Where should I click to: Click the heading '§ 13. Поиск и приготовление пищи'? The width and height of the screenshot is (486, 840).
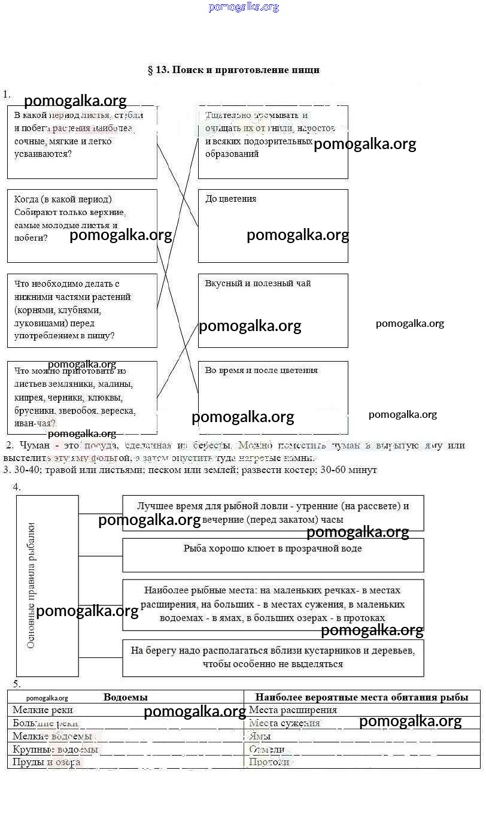pos(233,70)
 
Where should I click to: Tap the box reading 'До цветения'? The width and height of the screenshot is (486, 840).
pos(273,226)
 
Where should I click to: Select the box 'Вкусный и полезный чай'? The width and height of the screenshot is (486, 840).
pos(273,310)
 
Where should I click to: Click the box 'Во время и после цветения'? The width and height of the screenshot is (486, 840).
pos(273,397)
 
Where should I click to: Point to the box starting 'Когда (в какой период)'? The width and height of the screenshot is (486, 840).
pos(82,226)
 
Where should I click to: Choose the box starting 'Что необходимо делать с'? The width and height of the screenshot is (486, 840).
pos(82,310)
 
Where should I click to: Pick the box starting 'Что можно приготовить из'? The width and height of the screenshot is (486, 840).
pos(82,397)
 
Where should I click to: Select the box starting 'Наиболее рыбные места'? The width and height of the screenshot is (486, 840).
pos(273,604)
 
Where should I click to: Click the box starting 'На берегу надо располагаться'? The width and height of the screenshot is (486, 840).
pos(273,657)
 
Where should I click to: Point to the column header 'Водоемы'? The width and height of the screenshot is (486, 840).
pos(126,697)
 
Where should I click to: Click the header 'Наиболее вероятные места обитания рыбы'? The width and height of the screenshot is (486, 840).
pos(362,697)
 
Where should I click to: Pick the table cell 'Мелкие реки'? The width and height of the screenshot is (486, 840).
pos(42,710)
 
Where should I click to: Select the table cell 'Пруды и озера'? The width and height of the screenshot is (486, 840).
pos(46,762)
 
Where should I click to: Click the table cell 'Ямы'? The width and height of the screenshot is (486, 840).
pos(260,736)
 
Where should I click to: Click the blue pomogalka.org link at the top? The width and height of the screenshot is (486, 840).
pos(244,7)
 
